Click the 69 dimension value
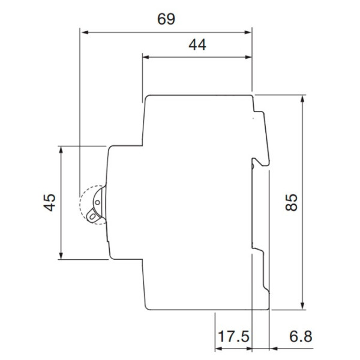pos(166,19)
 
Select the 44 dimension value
pos(197,45)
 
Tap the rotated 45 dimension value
pos(50,203)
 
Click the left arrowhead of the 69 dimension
pos(85,31)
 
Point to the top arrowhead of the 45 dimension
pos(62,149)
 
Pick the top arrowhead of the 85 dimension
pos(303,98)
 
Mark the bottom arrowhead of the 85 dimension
pos(303,306)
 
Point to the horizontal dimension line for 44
pos(197,58)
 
